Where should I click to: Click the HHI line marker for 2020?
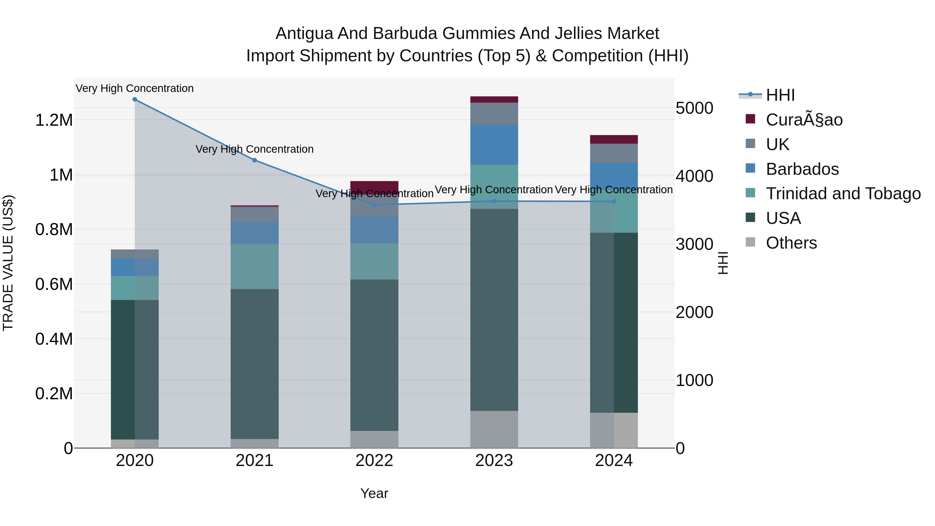(135, 99)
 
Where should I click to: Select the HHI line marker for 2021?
(255, 160)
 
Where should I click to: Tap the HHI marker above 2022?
(375, 205)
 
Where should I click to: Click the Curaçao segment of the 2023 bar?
(494, 99)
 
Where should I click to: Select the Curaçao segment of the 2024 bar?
(614, 139)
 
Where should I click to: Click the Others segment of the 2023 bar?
(494, 429)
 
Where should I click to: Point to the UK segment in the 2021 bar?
(255, 214)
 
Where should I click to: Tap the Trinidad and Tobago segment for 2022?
(374, 261)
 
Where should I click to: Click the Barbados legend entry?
(802, 169)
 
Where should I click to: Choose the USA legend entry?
(783, 218)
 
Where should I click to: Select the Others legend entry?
(791, 243)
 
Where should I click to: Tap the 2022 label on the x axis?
(374, 461)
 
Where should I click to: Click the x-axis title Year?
(374, 493)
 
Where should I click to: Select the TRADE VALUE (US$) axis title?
(8, 263)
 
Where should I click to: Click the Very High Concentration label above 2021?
(255, 149)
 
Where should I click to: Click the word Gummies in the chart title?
(478, 34)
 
